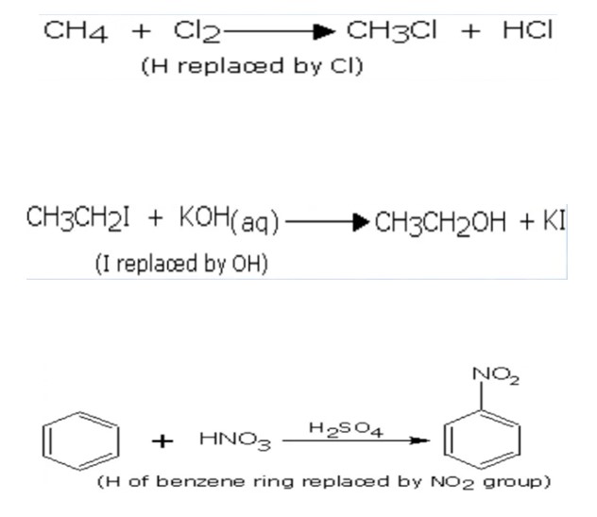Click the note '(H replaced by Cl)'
(250, 67)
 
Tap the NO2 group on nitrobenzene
(501, 379)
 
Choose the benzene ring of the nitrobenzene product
(472, 439)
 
